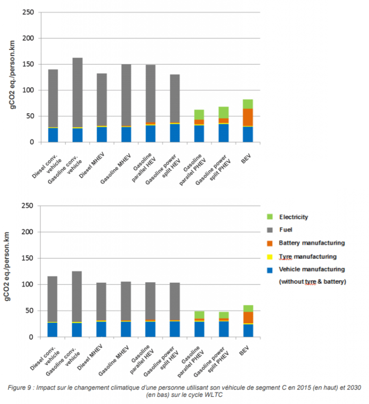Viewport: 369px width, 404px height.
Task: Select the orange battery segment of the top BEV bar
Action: [x=247, y=117]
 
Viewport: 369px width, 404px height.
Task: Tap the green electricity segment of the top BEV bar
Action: [x=247, y=104]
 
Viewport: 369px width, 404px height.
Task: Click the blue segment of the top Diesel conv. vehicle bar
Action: [x=53, y=135]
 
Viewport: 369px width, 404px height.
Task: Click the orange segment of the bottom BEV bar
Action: [x=247, y=317]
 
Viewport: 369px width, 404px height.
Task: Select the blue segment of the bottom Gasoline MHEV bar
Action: [x=126, y=329]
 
